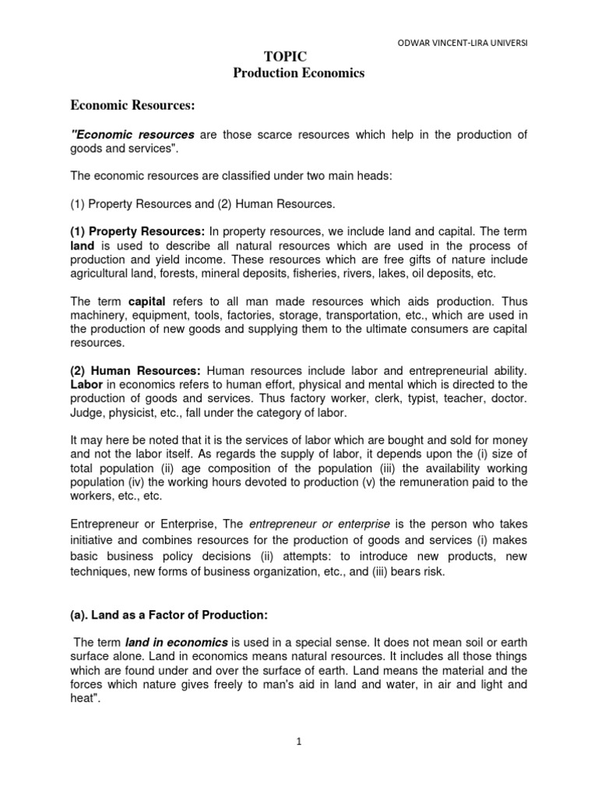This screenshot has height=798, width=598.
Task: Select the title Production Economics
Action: pyautogui.click(x=299, y=73)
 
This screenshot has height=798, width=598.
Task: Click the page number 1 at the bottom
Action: pyautogui.click(x=299, y=742)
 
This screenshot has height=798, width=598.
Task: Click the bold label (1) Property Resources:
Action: pyautogui.click(x=138, y=232)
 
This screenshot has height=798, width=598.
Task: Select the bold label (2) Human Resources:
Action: pyautogui.click(x=136, y=370)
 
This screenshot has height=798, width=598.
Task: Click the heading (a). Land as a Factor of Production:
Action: pyautogui.click(x=169, y=615)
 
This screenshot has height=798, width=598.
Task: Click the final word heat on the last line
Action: pyautogui.click(x=83, y=698)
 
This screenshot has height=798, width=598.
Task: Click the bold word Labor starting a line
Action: pyautogui.click(x=86, y=384)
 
